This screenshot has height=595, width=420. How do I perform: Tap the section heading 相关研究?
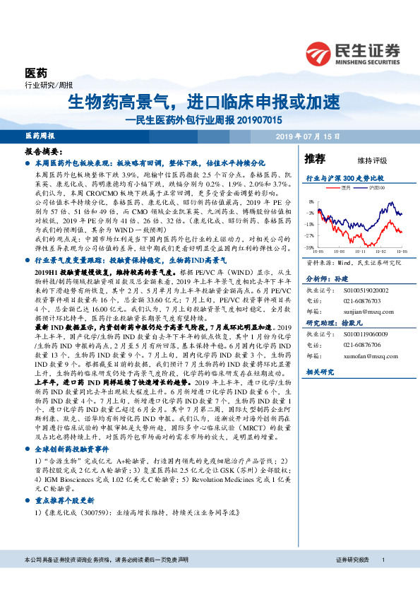pos(318,371)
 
